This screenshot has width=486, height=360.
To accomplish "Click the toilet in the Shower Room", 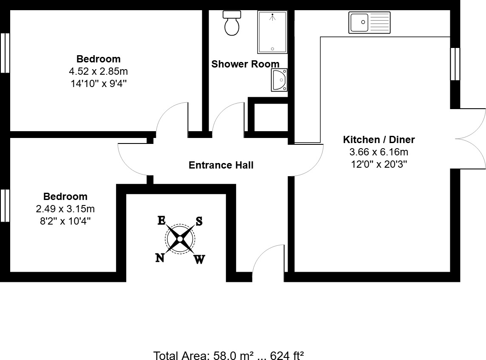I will click(x=232, y=24).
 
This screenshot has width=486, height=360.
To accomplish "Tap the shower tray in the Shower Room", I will click(x=272, y=32).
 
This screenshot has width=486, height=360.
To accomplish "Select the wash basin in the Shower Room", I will click(x=279, y=80).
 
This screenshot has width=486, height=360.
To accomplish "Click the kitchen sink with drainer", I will click(x=369, y=22).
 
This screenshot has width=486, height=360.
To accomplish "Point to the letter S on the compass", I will click(x=199, y=221).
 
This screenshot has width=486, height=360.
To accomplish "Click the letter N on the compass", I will click(x=160, y=258).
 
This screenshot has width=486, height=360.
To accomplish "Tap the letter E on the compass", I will click(x=161, y=220).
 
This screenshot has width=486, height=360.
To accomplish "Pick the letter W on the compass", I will click(x=199, y=259).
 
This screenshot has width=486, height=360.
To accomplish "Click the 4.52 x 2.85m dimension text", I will click(x=99, y=71).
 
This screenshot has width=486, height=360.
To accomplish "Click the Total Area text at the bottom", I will click(x=228, y=355).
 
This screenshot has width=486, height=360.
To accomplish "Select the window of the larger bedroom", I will click(x=5, y=53).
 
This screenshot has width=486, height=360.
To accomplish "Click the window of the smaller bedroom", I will click(x=5, y=205).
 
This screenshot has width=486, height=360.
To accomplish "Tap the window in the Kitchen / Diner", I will click(x=455, y=64).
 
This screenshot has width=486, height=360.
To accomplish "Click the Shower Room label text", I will click(x=246, y=64).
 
